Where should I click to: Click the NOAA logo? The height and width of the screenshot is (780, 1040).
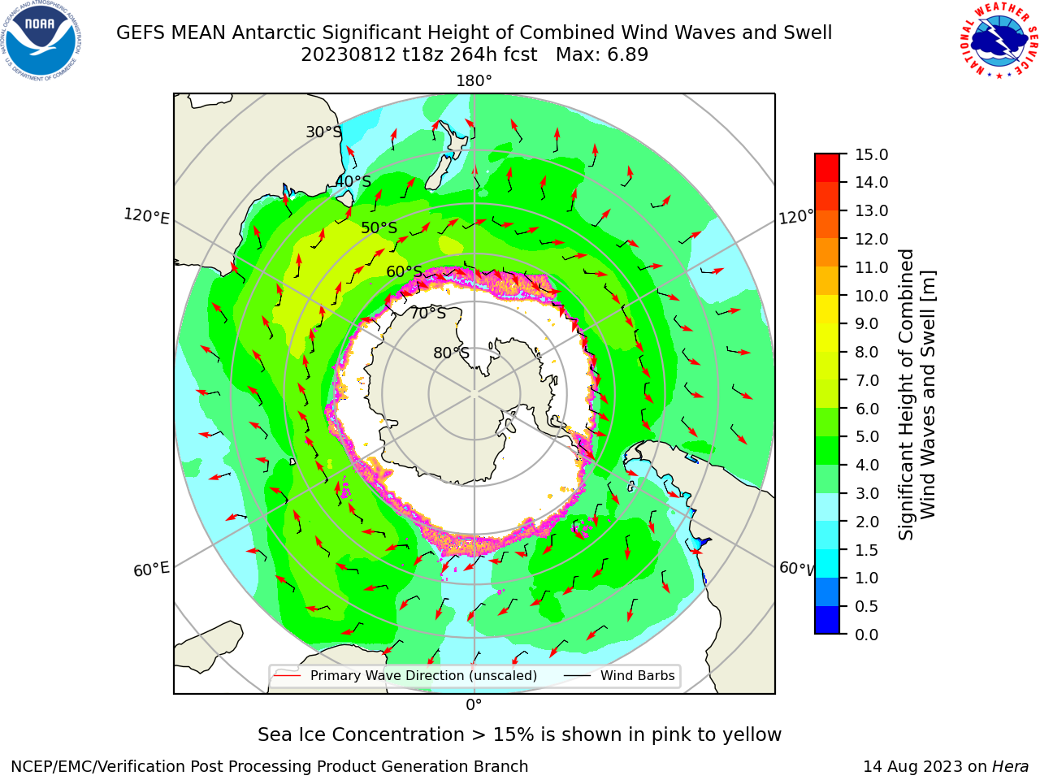pos(41,41)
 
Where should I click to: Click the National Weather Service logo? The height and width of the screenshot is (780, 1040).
pos(999,40)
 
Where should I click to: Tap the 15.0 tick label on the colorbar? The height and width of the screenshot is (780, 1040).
pos(871,154)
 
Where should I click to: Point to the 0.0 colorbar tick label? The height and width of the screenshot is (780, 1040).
pos(867,635)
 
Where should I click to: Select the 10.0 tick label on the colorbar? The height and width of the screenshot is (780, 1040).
pos(871,296)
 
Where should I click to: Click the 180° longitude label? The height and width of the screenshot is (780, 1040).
pos(474,81)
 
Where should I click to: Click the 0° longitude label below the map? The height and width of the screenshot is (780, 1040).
pos(474,705)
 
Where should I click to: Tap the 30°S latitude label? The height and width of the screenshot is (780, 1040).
pos(323,132)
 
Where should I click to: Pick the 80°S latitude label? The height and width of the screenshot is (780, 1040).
pos(451,353)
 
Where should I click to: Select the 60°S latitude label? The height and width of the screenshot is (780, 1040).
pos(404,271)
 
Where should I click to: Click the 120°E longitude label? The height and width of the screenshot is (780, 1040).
pos(146,216)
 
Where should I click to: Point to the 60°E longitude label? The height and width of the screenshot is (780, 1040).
pos(151,570)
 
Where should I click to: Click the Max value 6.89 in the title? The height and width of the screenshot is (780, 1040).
pos(627,55)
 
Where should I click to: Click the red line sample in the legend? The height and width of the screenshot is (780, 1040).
pos(288,675)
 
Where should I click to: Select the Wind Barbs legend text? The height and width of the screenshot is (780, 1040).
pos(637,675)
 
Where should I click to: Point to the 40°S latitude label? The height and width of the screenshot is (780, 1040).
pos(353,181)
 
